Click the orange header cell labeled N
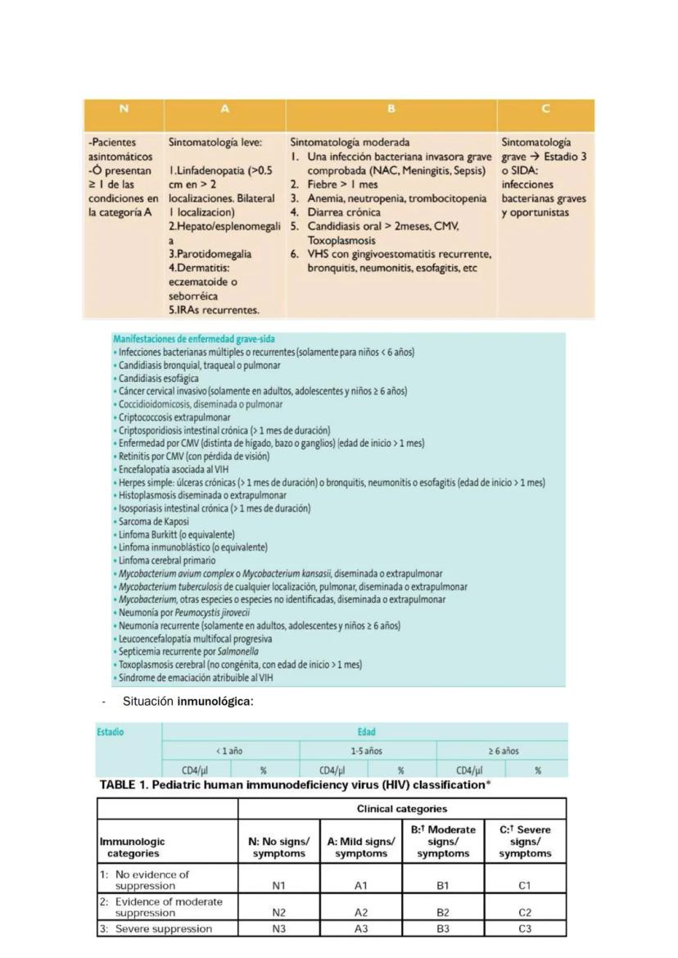click(x=124, y=109)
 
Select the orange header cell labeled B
click(x=391, y=109)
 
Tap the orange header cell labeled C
click(x=545, y=109)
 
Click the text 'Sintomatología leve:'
click(x=215, y=143)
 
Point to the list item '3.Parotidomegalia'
click(x=210, y=254)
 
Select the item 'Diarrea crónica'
click(x=344, y=212)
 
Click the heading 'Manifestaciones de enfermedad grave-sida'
click(x=194, y=338)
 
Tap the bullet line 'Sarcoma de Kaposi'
click(x=153, y=521)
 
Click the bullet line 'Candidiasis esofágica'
click(x=158, y=379)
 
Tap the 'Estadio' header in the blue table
click(x=111, y=732)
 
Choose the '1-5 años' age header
click(x=367, y=751)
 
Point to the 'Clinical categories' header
click(x=401, y=809)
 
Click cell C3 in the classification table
click(x=525, y=928)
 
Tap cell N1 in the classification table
click(x=278, y=885)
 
